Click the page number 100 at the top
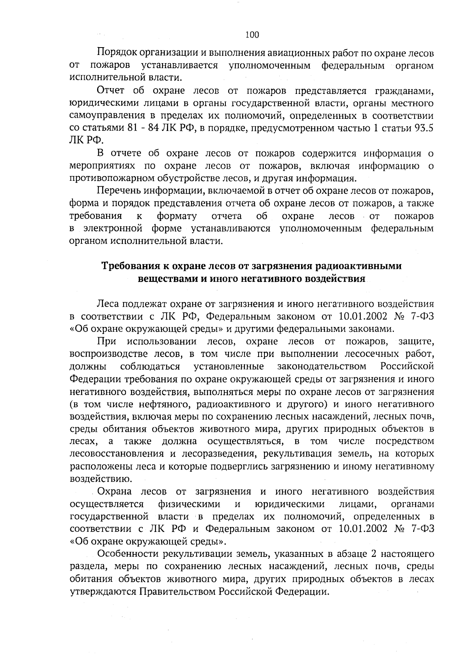point(252,35)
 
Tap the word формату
point(177,216)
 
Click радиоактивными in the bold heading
point(361,266)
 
